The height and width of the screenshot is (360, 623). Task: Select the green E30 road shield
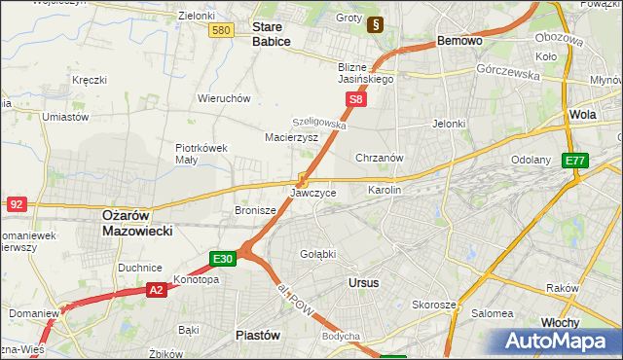pyautogui.click(x=223, y=258)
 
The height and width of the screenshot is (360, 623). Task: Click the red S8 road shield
pyautogui.click(x=357, y=99)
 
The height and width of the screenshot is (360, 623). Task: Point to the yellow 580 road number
pyautogui.click(x=221, y=31)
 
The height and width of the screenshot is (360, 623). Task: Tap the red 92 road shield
pyautogui.click(x=16, y=204)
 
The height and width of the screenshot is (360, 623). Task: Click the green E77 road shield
pyautogui.click(x=575, y=161)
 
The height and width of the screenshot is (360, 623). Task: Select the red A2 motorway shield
pyautogui.click(x=156, y=289)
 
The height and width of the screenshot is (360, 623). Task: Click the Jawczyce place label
pyautogui.click(x=313, y=193)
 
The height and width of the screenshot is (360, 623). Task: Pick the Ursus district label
pyautogui.click(x=363, y=282)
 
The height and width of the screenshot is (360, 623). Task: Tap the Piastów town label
pyautogui.click(x=258, y=335)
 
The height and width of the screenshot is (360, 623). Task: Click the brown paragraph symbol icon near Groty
pyautogui.click(x=375, y=23)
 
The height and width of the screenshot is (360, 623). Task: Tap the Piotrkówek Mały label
pyautogui.click(x=201, y=154)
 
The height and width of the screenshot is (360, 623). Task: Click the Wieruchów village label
pyautogui.click(x=225, y=98)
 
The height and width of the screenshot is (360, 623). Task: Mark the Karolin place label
pyautogui.click(x=384, y=191)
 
